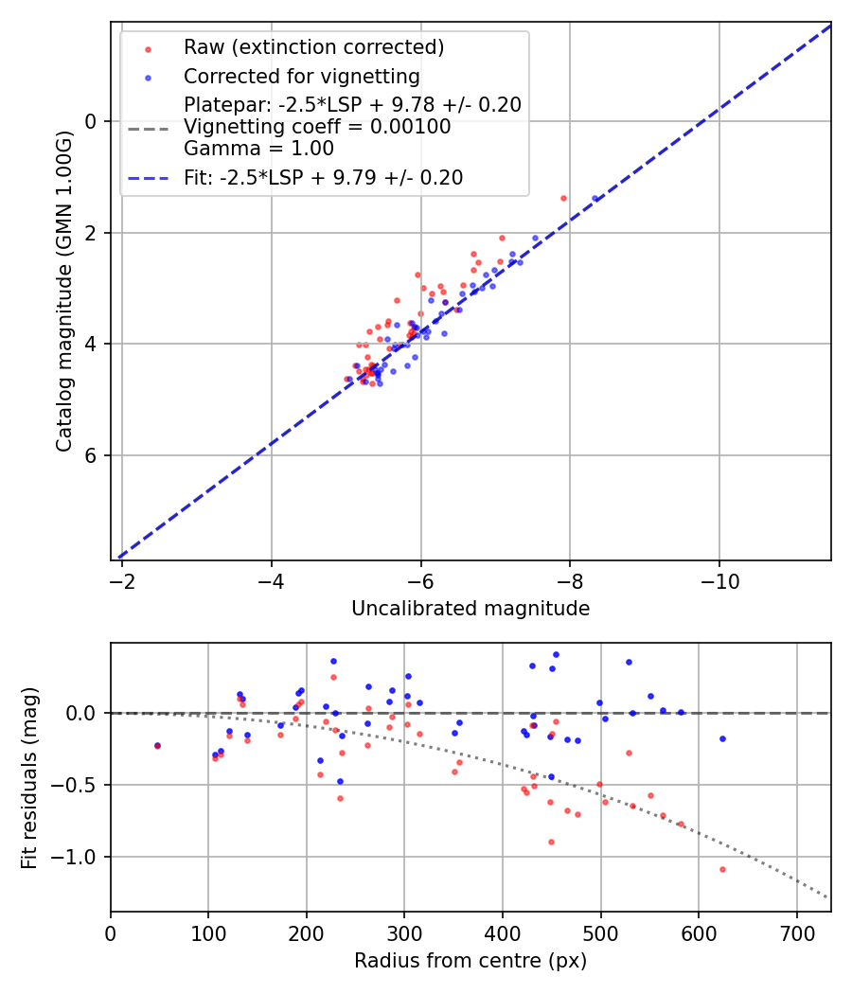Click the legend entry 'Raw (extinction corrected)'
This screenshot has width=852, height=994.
click(313, 47)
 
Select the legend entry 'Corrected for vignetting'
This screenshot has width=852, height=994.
click(301, 76)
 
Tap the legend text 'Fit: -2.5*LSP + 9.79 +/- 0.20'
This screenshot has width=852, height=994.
click(323, 178)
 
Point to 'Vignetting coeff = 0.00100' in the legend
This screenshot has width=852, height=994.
click(317, 127)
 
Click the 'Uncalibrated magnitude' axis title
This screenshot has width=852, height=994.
click(470, 609)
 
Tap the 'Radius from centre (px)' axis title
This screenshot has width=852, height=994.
click(470, 961)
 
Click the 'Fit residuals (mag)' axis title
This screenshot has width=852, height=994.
click(29, 777)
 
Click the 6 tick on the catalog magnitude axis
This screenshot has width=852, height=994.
click(92, 455)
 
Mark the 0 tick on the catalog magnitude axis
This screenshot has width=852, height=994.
click(92, 121)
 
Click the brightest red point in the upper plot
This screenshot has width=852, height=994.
click(563, 198)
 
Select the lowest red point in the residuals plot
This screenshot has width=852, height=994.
click(722, 869)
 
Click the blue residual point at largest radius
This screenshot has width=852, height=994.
click(722, 738)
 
